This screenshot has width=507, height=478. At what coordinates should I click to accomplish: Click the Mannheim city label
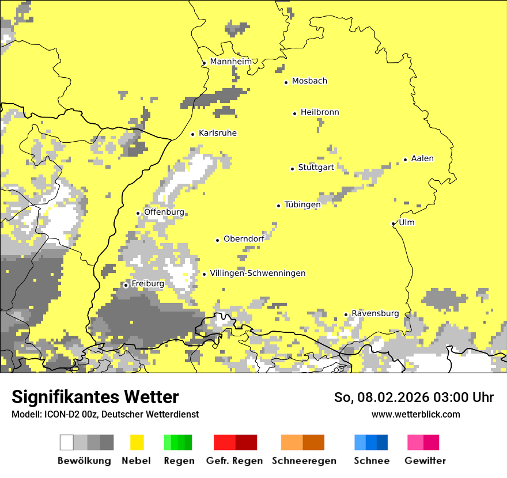(231, 62)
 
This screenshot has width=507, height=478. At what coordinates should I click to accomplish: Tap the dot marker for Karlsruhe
(193, 134)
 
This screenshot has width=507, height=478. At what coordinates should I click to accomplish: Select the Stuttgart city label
(316, 168)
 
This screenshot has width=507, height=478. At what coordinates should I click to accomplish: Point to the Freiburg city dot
(126, 285)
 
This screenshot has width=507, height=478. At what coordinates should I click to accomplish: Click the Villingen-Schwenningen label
(258, 274)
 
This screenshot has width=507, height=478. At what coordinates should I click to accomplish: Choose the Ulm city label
(407, 223)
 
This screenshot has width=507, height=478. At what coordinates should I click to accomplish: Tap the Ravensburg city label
(375, 314)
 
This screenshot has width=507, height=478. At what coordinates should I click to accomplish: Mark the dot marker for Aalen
(406, 160)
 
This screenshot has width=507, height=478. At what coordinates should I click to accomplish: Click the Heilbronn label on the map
(320, 112)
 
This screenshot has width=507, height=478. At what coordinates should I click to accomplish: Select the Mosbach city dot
(286, 82)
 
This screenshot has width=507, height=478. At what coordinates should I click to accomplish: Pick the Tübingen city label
(302, 205)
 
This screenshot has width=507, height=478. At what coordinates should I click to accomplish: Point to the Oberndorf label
(244, 239)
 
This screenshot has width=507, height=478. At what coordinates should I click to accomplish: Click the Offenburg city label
(164, 212)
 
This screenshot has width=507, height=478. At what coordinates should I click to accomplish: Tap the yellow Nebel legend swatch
(137, 442)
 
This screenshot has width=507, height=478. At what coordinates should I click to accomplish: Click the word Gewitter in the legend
(425, 461)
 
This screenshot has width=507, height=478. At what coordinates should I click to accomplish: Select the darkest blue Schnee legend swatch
(383, 442)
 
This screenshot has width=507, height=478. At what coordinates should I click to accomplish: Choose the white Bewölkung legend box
(67, 442)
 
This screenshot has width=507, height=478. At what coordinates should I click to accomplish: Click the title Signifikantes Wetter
(95, 397)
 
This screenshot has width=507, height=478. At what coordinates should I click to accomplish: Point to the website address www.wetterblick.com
(415, 414)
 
